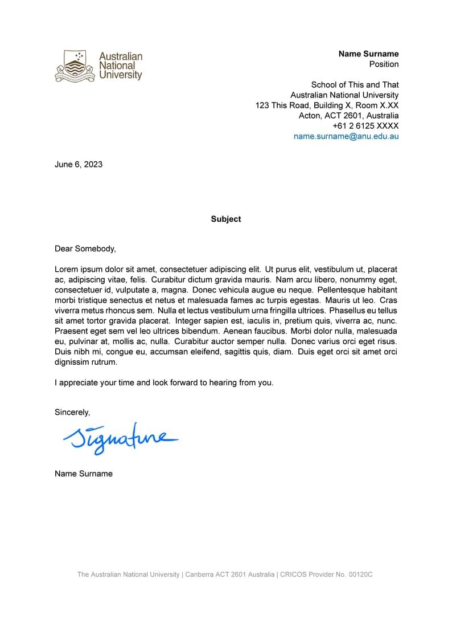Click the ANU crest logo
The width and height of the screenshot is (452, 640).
(75, 66)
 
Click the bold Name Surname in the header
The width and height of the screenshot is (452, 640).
(368, 54)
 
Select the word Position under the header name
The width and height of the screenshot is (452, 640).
(384, 64)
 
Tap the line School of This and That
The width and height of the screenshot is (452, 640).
(355, 85)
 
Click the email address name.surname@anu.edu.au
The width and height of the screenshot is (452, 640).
(346, 136)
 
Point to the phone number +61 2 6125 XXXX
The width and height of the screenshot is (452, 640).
(365, 126)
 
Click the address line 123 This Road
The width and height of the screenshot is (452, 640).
(327, 105)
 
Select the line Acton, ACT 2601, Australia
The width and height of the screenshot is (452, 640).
(348, 116)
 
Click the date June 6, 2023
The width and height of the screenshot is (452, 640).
(79, 165)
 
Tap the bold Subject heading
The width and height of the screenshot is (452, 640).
(226, 219)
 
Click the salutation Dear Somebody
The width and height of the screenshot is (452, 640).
(85, 248)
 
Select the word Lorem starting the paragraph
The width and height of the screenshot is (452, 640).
(66, 269)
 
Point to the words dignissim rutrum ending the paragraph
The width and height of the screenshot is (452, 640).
(86, 362)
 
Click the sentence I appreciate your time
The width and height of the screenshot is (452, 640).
(164, 382)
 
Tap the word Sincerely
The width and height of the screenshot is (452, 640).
(72, 412)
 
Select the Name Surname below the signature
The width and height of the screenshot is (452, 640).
(84, 474)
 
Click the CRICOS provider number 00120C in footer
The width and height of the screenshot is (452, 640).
(360, 574)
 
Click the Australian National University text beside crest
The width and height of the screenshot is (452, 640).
(121, 66)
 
